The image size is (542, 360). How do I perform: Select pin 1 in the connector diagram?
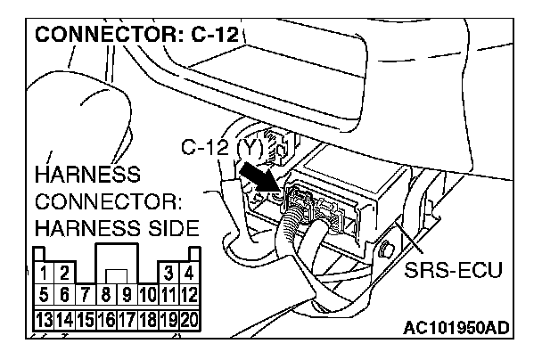(44, 272)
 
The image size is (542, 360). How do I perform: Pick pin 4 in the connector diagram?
(188, 272)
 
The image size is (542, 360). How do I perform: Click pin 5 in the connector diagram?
(44, 292)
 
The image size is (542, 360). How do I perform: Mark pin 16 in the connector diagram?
(106, 316)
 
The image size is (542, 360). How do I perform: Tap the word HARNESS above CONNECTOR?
(85, 172)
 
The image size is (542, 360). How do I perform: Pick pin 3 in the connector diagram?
(168, 272)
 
